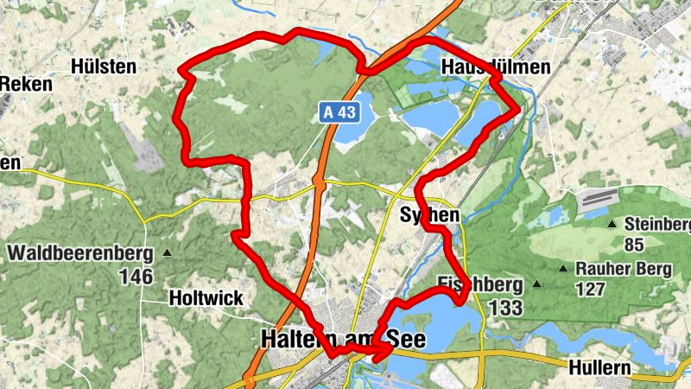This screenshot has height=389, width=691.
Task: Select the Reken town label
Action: [26, 84]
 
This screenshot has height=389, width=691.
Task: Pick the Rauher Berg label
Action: [624, 270]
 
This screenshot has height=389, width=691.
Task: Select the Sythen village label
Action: [430, 214]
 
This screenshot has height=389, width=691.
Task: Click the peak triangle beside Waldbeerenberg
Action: [167, 254]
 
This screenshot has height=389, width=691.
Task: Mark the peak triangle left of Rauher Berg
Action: [563, 269]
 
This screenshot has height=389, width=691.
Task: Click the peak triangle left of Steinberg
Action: [612, 224]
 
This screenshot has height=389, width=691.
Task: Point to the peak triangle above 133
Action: [537, 284]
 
